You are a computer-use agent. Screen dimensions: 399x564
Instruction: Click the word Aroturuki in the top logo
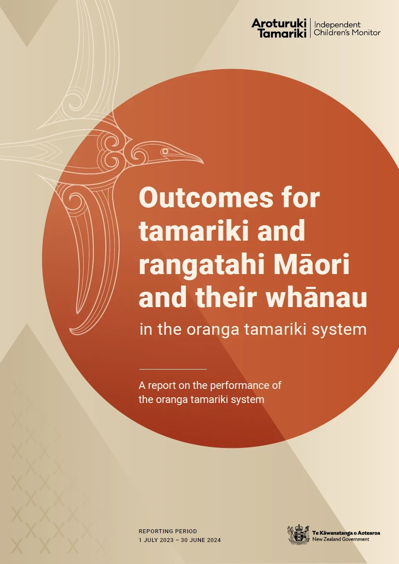pyautogui.click(x=278, y=23)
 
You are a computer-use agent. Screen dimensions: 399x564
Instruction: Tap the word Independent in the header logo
pyautogui.click(x=337, y=25)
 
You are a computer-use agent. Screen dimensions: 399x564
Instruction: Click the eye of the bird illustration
pyautogui.click(x=165, y=151)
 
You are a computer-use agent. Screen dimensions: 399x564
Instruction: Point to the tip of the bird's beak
pyautogui.click(x=203, y=163)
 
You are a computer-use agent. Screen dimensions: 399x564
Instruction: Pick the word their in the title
pyautogui.click(x=228, y=297)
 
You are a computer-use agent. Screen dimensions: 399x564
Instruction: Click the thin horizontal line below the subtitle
pyautogui.click(x=173, y=370)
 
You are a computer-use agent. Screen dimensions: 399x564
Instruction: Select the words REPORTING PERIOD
pyautogui.click(x=168, y=531)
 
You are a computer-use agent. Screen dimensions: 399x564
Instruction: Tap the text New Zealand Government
pyautogui.click(x=341, y=539)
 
